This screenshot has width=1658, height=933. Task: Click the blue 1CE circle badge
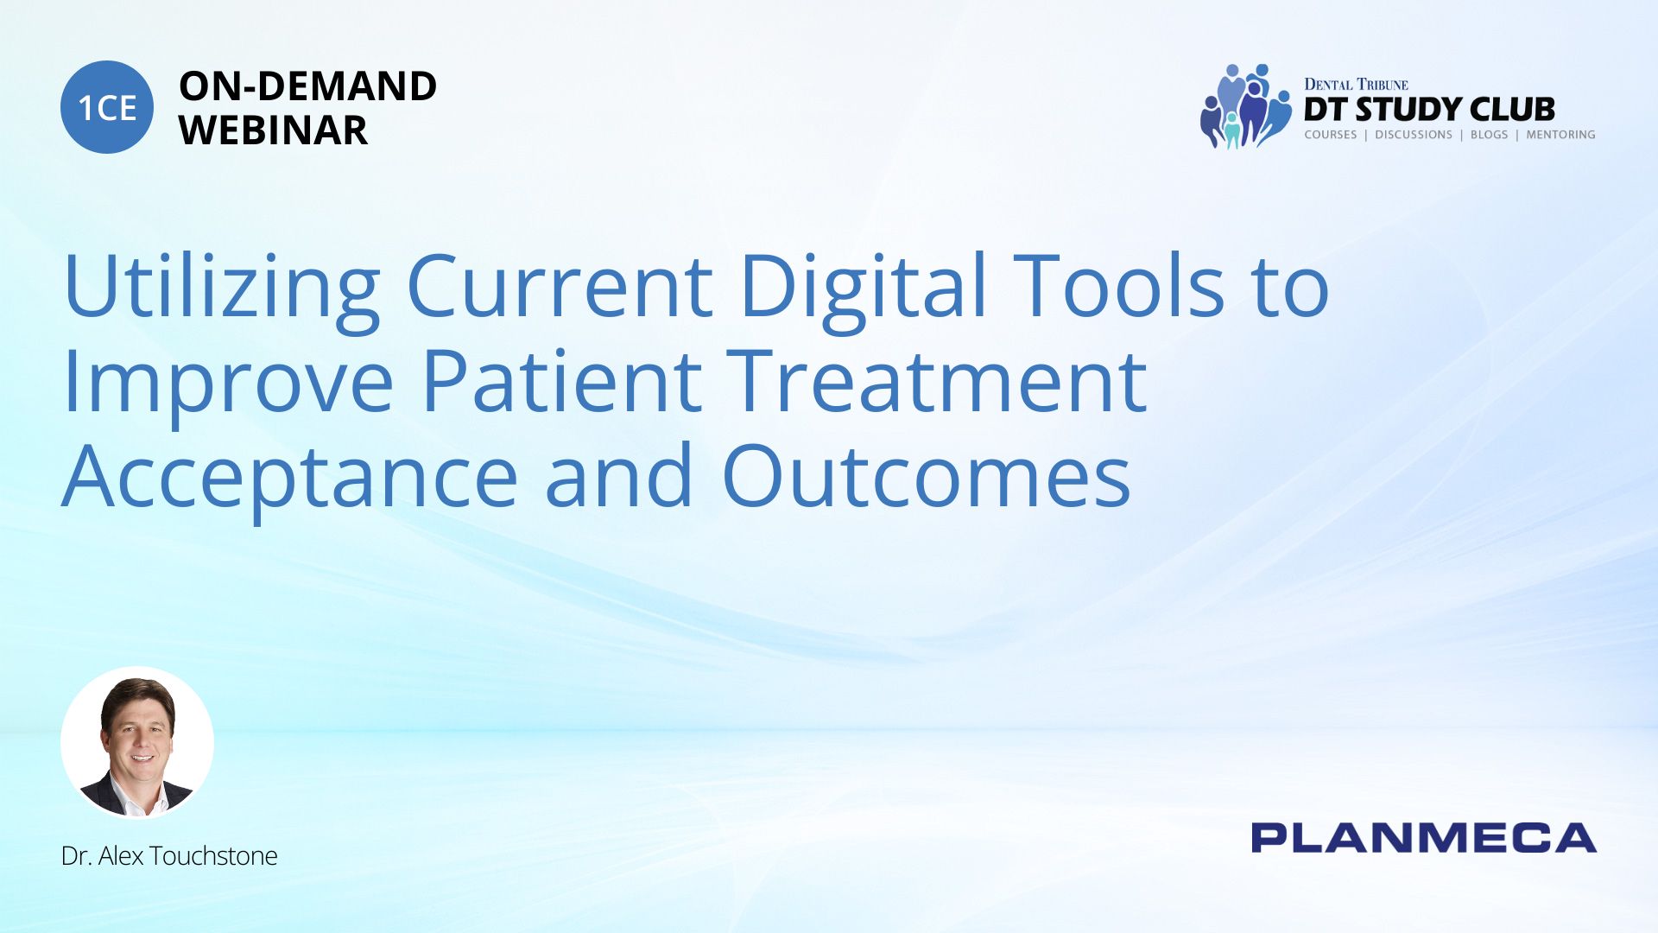click(107, 107)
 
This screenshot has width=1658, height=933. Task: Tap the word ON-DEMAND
click(307, 86)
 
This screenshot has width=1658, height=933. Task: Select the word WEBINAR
click(273, 130)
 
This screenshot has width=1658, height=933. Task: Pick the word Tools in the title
click(1119, 285)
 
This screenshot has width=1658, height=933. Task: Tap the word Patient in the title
click(562, 380)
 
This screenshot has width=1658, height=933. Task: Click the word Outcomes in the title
click(927, 475)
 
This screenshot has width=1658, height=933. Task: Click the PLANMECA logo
click(1424, 838)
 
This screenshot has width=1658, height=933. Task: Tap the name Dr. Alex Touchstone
click(169, 856)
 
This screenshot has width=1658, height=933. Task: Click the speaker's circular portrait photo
click(137, 742)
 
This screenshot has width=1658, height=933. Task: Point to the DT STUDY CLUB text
click(1429, 109)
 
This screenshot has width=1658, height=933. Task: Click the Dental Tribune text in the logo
click(1356, 85)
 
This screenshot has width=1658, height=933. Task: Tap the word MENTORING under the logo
click(1560, 135)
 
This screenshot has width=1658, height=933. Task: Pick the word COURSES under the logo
click(1331, 135)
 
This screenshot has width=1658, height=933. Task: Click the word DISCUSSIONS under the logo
click(1414, 135)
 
